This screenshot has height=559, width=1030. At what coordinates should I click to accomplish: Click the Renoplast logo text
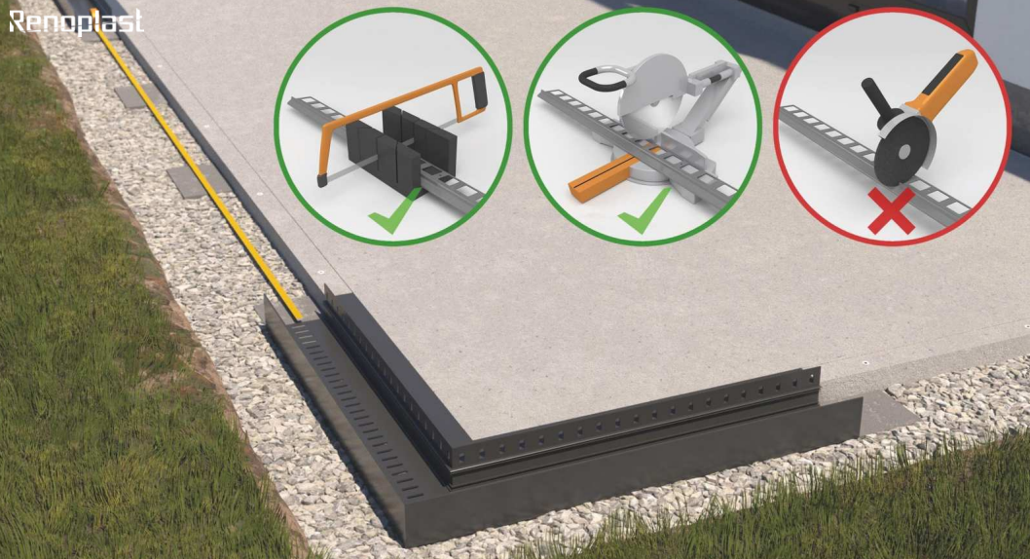click(x=76, y=21)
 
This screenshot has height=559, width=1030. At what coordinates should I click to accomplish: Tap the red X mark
click(x=892, y=211)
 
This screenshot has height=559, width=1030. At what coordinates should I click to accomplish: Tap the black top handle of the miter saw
click(x=601, y=78)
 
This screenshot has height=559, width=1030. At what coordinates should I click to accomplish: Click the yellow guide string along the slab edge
click(x=196, y=165)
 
